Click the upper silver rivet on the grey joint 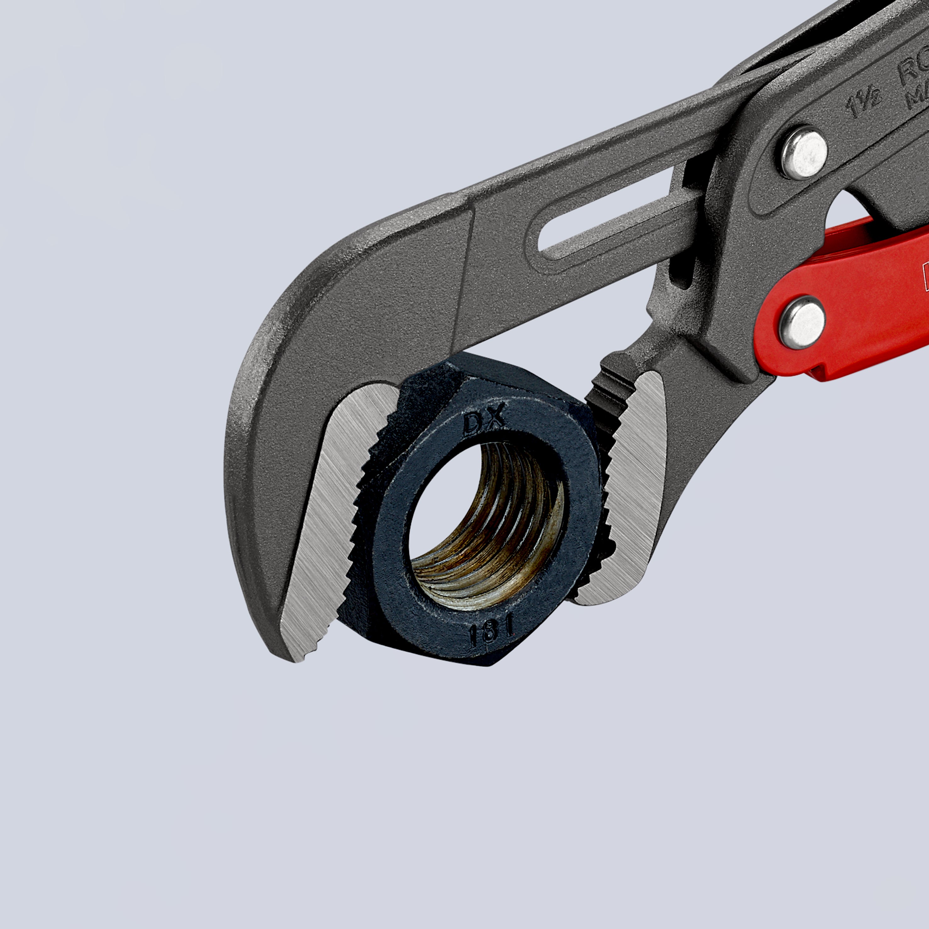tap(803, 153)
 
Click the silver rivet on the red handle tap(802, 322)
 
